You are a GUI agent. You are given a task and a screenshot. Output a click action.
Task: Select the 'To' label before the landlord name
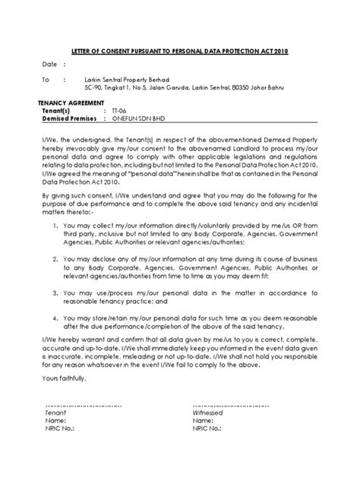click(46, 79)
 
